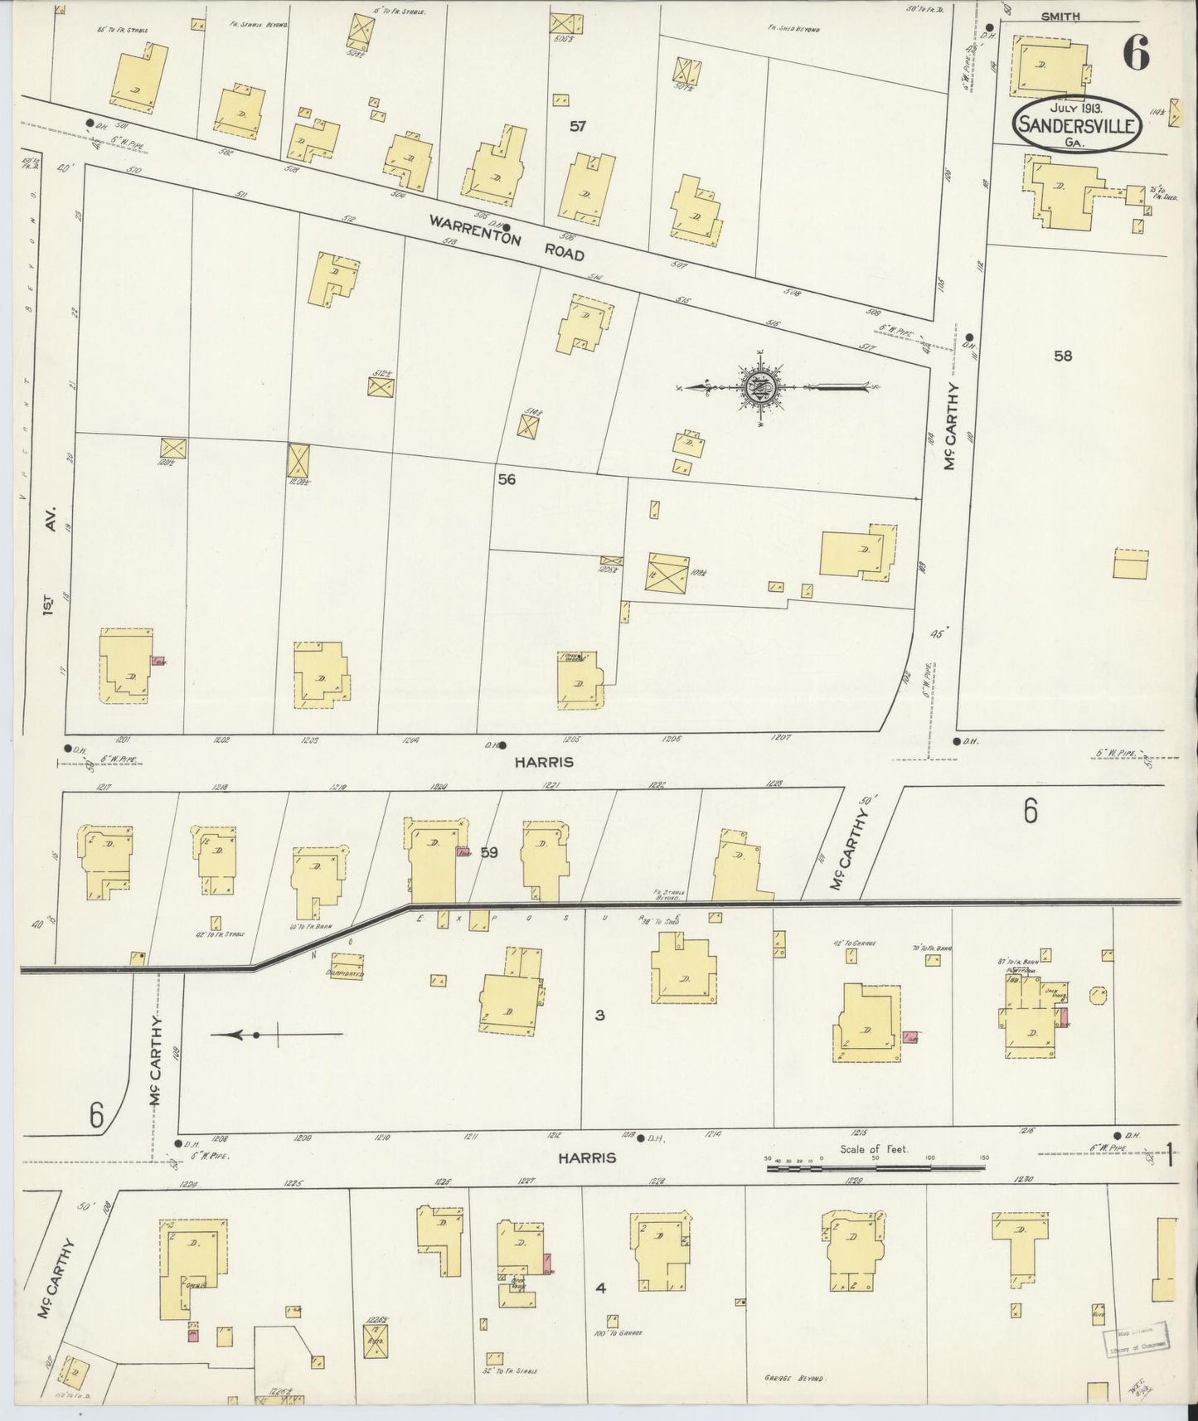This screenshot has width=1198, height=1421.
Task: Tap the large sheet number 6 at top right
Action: pyautogui.click(x=1136, y=54)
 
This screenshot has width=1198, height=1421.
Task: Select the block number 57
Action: pyautogui.click(x=577, y=127)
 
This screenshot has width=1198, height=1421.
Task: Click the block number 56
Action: pyautogui.click(x=507, y=479)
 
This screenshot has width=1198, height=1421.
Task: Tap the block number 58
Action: pyautogui.click(x=1062, y=356)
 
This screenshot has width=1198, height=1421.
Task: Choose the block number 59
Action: pyautogui.click(x=488, y=851)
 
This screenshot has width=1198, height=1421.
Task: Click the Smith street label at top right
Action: pyautogui.click(x=1061, y=16)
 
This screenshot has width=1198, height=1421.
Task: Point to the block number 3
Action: pyautogui.click(x=599, y=1014)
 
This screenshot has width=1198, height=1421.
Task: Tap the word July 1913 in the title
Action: pyautogui.click(x=1076, y=108)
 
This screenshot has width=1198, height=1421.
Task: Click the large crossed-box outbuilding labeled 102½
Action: pyautogui.click(x=667, y=573)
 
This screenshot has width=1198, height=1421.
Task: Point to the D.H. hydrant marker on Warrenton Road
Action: pyautogui.click(x=507, y=226)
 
